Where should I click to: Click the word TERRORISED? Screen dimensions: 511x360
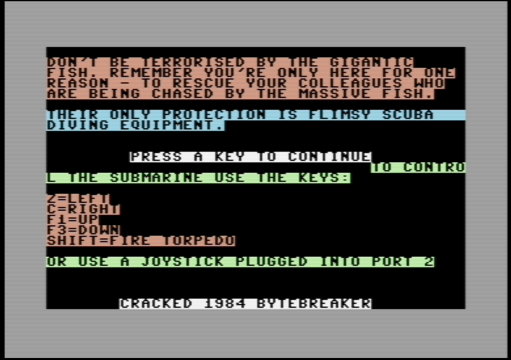tap(193, 62)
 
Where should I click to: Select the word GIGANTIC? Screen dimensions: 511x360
tap(371, 62)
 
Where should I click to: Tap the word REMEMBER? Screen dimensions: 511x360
tap(151, 73)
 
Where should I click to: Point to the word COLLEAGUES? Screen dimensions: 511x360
tap(350, 83)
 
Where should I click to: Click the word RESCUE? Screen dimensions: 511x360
tap(204, 83)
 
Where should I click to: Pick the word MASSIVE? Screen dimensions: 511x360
tap(335, 94)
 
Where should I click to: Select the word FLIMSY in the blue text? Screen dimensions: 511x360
tap(340, 115)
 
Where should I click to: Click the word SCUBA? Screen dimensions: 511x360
tap(407, 115)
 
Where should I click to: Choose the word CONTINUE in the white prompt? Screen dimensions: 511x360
tap(330, 157)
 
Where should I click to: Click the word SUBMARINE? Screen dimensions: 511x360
tap(157, 178)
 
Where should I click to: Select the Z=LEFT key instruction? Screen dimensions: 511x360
tap(78, 199)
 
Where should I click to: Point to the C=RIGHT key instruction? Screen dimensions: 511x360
tap(83, 209)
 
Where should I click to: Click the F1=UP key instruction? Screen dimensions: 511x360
tap(73, 220)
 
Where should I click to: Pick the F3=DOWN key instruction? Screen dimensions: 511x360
tap(83, 230)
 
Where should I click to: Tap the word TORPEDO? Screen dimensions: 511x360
tap(199, 241)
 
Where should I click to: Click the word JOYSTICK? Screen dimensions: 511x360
tap(183, 262)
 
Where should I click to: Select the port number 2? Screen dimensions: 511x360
tap(429, 262)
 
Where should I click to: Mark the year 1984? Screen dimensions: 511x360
tap(225, 304)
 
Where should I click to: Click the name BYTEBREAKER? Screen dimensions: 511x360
tap(314, 304)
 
